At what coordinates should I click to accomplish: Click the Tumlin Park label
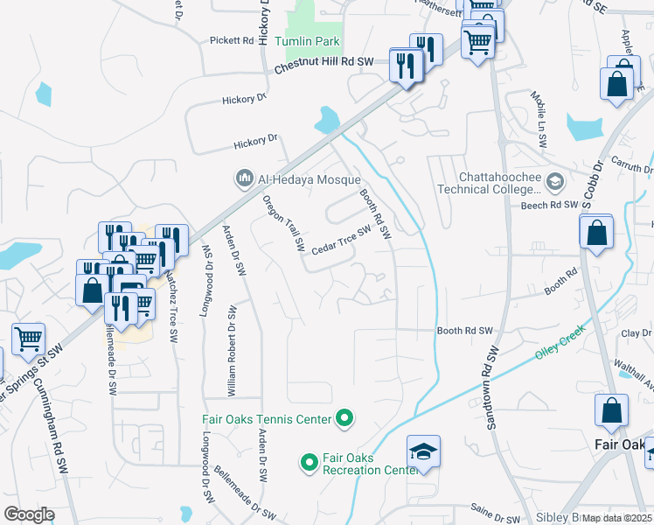pos(306,42)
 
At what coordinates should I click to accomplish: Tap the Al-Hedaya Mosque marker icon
pos(245,179)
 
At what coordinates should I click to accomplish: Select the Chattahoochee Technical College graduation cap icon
pos(554,181)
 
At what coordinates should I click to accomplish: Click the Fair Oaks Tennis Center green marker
pos(344,419)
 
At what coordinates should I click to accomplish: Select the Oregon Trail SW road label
pos(284,220)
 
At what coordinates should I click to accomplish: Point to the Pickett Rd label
pos(231,41)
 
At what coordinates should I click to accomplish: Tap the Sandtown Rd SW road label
pos(491,387)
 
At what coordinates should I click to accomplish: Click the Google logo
pos(29,514)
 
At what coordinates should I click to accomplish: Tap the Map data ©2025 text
pos(616,518)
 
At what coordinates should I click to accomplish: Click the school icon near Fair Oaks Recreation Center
pos(423,451)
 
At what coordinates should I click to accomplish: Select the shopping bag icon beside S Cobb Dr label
pos(596,233)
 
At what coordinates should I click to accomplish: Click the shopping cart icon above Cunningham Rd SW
pos(28,338)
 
